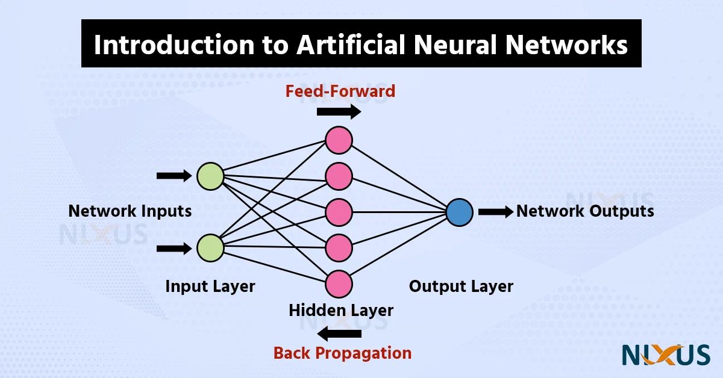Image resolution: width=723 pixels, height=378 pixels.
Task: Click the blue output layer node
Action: pyautogui.click(x=459, y=212)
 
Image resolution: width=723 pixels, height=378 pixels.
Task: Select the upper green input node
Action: pyautogui.click(x=210, y=176)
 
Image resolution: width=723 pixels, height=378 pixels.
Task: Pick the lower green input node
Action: pyautogui.click(x=210, y=247)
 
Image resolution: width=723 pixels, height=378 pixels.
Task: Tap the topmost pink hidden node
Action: pyautogui.click(x=339, y=140)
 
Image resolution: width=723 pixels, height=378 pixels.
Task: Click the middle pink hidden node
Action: pyautogui.click(x=339, y=212)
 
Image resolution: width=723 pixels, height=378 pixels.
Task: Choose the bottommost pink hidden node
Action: pyautogui.click(x=339, y=283)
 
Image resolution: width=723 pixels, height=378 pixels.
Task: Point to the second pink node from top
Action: pyautogui.click(x=339, y=176)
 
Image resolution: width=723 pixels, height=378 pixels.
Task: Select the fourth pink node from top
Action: pyautogui.click(x=339, y=247)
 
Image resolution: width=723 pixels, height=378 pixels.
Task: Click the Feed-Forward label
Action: pyautogui.click(x=340, y=91)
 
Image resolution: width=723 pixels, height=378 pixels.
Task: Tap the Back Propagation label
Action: pyautogui.click(x=342, y=353)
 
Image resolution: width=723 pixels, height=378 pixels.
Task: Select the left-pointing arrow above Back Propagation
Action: pyautogui.click(x=340, y=333)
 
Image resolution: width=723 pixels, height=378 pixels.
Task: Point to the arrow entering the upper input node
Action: pyautogui.click(x=174, y=176)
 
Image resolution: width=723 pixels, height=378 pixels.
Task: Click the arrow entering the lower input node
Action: pyautogui.click(x=174, y=247)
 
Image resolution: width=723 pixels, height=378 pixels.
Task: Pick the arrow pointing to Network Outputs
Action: pyautogui.click(x=496, y=212)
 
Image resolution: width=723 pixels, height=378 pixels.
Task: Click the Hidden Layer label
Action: pyautogui.click(x=341, y=311)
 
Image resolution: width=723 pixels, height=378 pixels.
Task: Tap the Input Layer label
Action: pyautogui.click(x=210, y=287)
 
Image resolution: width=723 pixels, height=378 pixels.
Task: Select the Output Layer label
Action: pyautogui.click(x=461, y=287)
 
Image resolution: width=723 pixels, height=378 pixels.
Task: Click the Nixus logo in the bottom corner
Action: pyautogui.click(x=666, y=355)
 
